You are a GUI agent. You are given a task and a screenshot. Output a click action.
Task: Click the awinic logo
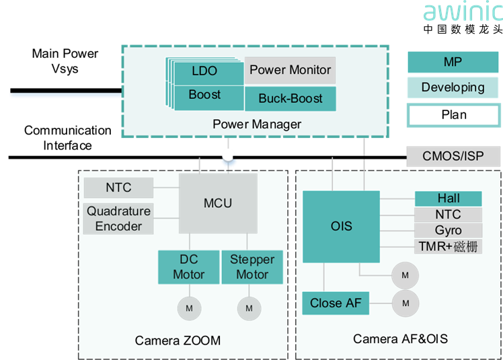[x=463, y=12]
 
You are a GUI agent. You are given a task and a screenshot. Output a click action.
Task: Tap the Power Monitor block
[x=290, y=70]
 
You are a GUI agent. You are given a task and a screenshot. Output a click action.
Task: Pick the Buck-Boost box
[x=290, y=98]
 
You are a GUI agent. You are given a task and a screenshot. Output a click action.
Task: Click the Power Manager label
[x=256, y=124]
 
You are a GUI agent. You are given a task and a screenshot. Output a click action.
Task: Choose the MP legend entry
[x=453, y=63]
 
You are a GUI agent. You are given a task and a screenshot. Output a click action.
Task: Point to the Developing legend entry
[x=453, y=87]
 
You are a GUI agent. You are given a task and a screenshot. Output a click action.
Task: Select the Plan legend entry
[x=453, y=114]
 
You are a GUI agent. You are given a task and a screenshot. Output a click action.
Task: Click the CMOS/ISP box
[x=453, y=157]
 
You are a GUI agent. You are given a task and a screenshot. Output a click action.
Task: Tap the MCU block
[x=218, y=203]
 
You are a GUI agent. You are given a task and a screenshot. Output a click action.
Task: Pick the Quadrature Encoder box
[x=118, y=219]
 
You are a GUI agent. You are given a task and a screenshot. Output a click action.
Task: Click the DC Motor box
[x=188, y=267]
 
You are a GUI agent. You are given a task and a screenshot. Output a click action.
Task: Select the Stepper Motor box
[x=252, y=267]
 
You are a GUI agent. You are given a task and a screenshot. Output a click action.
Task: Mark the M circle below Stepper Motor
[x=249, y=308]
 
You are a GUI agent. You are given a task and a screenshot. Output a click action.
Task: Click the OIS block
[x=341, y=226]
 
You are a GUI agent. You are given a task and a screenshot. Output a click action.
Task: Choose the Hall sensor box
[x=448, y=199]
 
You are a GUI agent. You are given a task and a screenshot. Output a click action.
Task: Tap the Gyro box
[x=448, y=231]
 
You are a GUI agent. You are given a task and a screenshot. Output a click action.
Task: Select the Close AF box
[x=335, y=303]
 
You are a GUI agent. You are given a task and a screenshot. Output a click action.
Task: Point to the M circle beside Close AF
[x=405, y=303]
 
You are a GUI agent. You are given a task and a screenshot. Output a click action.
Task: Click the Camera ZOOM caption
[x=178, y=340]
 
